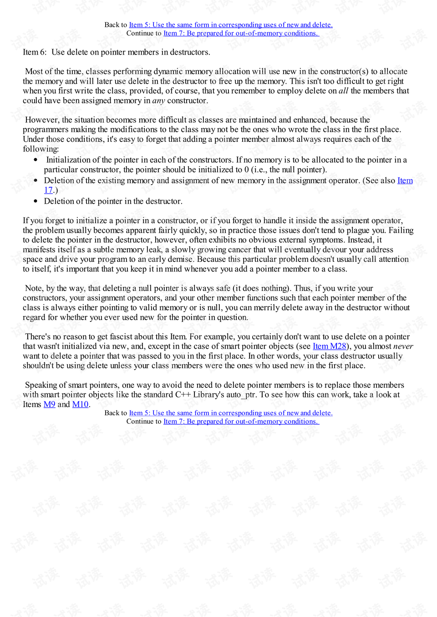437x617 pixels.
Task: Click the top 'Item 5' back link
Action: [231, 25]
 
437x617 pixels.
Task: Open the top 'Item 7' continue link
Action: [241, 33]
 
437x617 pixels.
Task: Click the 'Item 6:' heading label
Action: [35, 52]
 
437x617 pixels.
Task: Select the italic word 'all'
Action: [343, 91]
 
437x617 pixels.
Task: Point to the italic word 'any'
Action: [158, 100]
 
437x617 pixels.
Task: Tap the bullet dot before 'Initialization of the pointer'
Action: [36, 160]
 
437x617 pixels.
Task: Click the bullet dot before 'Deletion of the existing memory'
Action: [36, 181]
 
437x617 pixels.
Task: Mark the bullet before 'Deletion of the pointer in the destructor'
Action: [36, 201]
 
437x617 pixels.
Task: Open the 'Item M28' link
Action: [329, 346]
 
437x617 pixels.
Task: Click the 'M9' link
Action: [49, 405]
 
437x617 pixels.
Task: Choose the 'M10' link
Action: [80, 405]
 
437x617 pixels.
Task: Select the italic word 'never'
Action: [403, 346]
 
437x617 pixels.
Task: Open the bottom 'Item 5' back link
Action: [231, 413]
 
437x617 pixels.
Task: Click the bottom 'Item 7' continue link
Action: [241, 421]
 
